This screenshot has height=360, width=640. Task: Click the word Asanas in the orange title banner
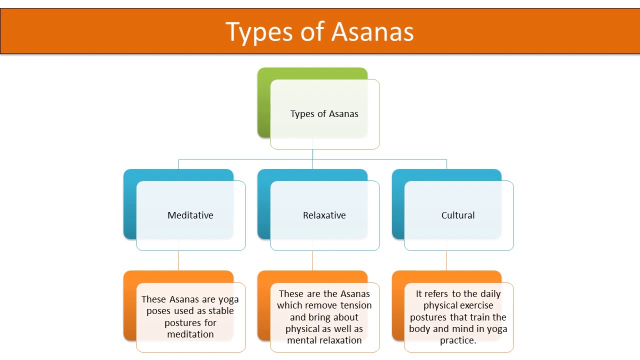[372, 32]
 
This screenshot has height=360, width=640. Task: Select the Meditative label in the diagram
[190, 215]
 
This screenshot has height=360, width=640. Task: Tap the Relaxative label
[324, 215]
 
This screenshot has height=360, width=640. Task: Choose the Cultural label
[458, 215]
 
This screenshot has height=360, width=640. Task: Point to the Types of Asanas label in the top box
[324, 114]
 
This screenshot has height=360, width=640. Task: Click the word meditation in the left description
[190, 334]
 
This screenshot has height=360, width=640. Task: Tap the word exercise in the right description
[473, 305]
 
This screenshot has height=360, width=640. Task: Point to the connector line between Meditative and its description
[178, 260]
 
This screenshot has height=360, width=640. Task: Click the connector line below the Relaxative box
[312, 260]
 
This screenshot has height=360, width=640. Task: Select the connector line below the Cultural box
[446, 260]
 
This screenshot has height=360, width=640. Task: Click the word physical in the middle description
[302, 329]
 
